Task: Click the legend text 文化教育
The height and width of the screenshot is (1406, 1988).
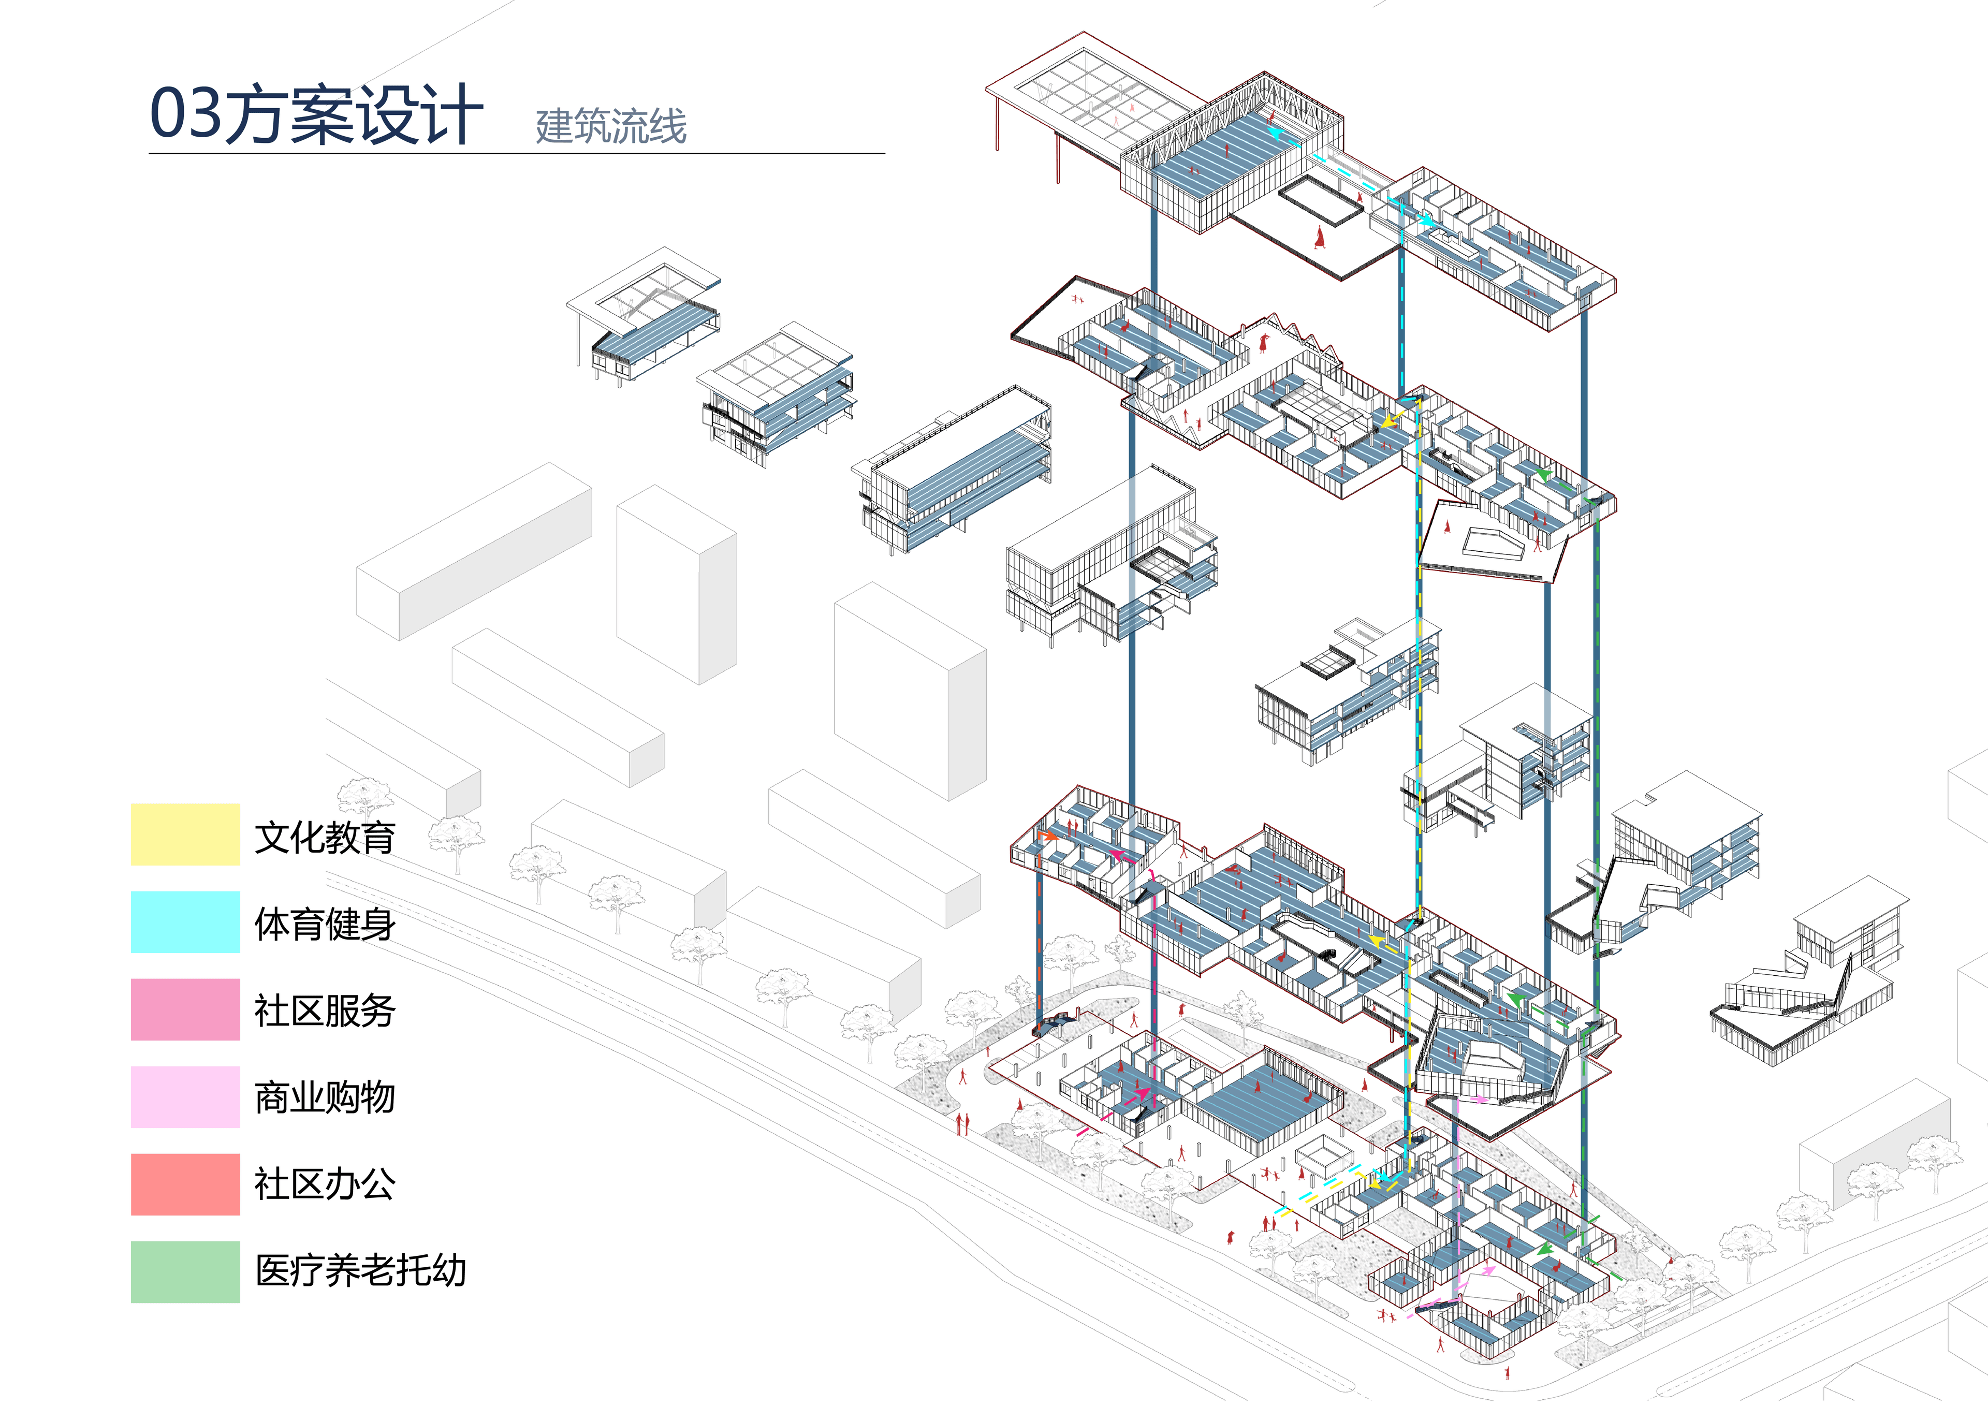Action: pos(325,837)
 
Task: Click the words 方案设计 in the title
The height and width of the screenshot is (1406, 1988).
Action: pos(353,114)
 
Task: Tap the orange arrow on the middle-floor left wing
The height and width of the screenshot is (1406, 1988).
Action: pos(1048,836)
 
